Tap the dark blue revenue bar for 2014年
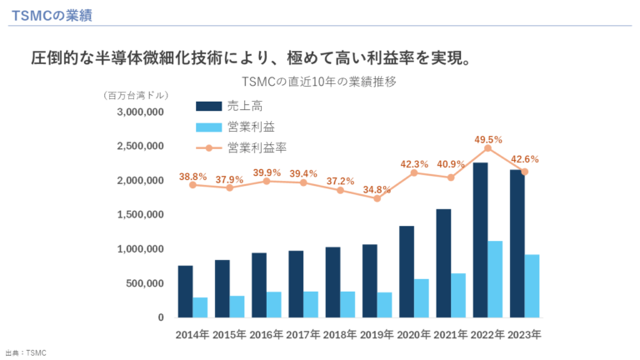pos(185,291)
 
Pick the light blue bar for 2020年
pos(422,297)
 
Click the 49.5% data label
pos(487,139)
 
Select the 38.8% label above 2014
pos(192,177)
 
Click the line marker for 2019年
pos(377,198)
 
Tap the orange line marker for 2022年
pos(487,148)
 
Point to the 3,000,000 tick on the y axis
pos(140,112)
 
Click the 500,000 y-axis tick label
pos(146,283)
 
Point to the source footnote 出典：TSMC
pos(26,353)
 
